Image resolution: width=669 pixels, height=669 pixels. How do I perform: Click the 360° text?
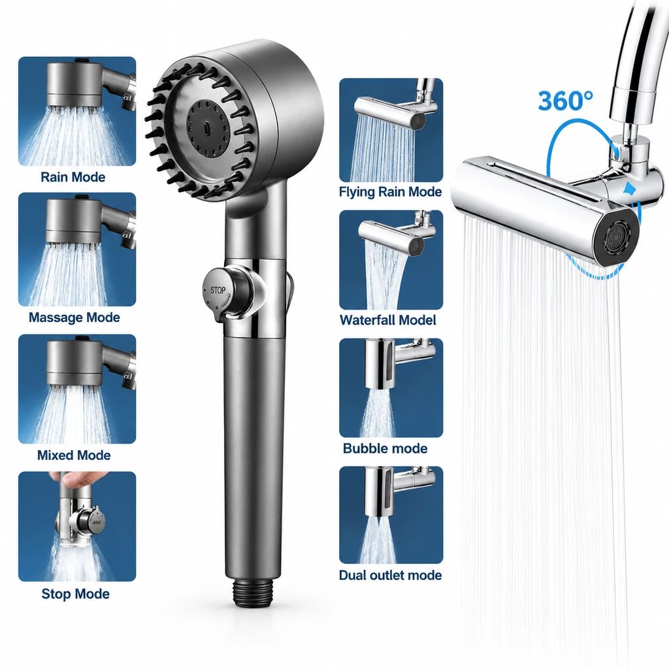point(565,101)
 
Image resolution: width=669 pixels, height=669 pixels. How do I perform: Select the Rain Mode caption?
point(73,176)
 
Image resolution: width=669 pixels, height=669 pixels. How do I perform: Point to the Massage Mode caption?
point(74,318)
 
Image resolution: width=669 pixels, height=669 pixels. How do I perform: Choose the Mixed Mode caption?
point(74,455)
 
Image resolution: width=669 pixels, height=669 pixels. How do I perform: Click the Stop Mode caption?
point(76,593)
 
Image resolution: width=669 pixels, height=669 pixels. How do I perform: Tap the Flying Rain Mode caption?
point(390,192)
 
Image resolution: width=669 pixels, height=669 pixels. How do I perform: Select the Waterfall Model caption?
point(387,320)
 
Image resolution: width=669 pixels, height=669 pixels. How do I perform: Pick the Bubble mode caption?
point(385,448)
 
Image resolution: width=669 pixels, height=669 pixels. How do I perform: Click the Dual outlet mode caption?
point(390,575)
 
